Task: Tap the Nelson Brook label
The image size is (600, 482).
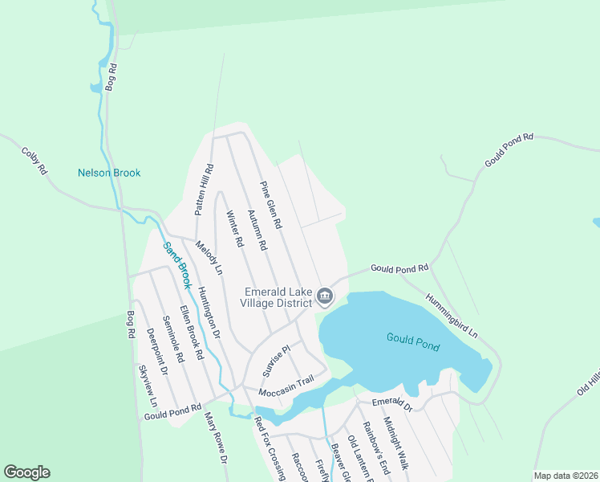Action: click(x=109, y=173)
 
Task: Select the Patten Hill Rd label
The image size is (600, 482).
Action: click(x=203, y=190)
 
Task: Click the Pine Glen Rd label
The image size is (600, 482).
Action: click(x=271, y=206)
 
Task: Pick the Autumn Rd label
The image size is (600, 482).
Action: click(x=256, y=231)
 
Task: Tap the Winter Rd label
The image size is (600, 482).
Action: click(x=234, y=229)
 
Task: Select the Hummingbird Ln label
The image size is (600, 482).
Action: click(x=452, y=315)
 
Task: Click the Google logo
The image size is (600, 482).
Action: click(x=27, y=472)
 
